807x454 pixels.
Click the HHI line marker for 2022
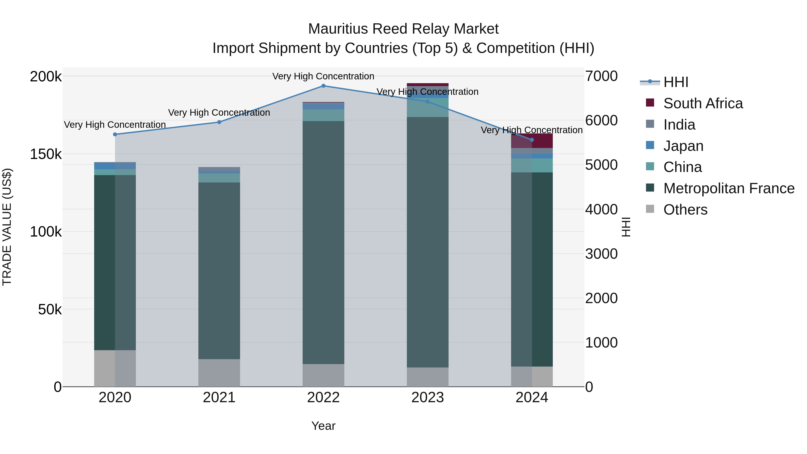[x=323, y=86]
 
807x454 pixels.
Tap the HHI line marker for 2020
[x=115, y=135]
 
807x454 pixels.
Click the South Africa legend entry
[x=703, y=103]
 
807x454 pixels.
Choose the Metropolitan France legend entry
[x=729, y=188]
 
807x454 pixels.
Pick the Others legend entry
[x=685, y=210]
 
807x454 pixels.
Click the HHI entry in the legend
[x=675, y=82]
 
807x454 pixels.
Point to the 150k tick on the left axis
[x=46, y=154]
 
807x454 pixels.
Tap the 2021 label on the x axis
[x=219, y=398]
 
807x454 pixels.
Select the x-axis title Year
[x=323, y=426]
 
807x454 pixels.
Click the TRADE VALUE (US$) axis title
[x=7, y=227]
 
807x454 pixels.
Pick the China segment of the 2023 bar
[x=427, y=107]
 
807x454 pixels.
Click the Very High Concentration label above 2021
[x=219, y=113]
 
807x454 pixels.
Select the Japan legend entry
[x=683, y=146]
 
